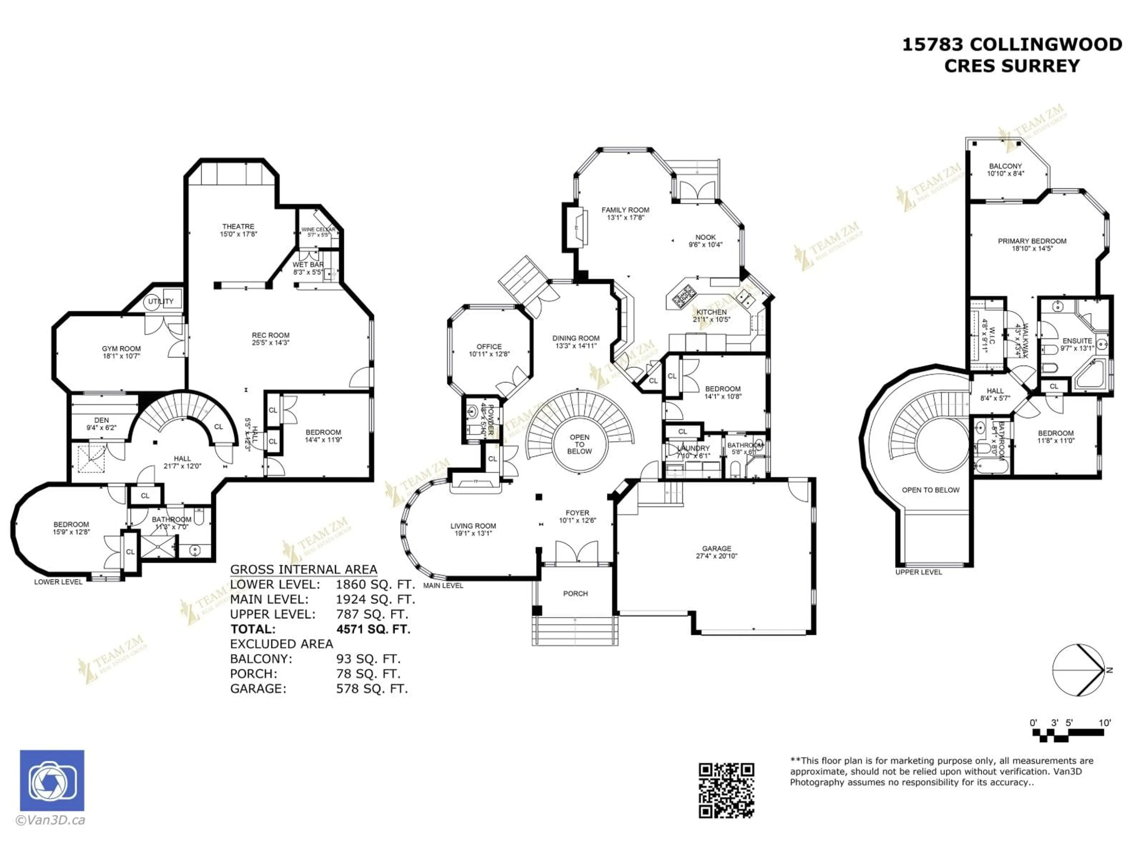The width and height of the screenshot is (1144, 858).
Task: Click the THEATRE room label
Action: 238,226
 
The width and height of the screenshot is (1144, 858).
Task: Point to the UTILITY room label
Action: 161,301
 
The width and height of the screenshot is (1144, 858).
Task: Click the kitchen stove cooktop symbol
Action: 685,295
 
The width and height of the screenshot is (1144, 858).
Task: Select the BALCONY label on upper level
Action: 1005,166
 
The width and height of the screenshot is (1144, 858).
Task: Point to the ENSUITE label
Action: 1077,341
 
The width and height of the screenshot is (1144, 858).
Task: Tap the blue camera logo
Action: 52,781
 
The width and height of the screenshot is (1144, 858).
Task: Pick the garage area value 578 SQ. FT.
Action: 372,688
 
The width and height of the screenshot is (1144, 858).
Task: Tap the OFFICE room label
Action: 489,346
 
